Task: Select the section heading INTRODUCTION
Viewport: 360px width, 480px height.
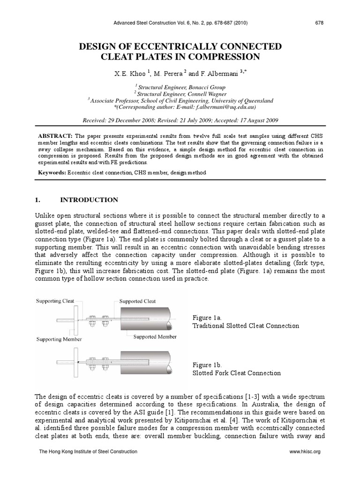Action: pos(88,200)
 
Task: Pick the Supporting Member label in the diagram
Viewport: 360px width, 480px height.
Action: pos(59,339)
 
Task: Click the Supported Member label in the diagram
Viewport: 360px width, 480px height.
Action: pos(155,336)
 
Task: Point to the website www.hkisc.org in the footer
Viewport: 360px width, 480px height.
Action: pos(306,451)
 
